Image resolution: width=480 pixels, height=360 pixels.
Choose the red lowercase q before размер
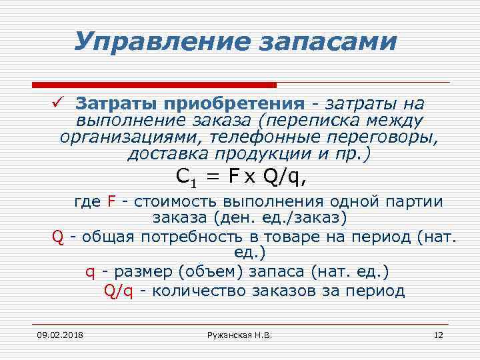[x=89, y=273]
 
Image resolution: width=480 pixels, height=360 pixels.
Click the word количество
[x=199, y=291]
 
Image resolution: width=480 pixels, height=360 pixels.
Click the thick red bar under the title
[x=154, y=85]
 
